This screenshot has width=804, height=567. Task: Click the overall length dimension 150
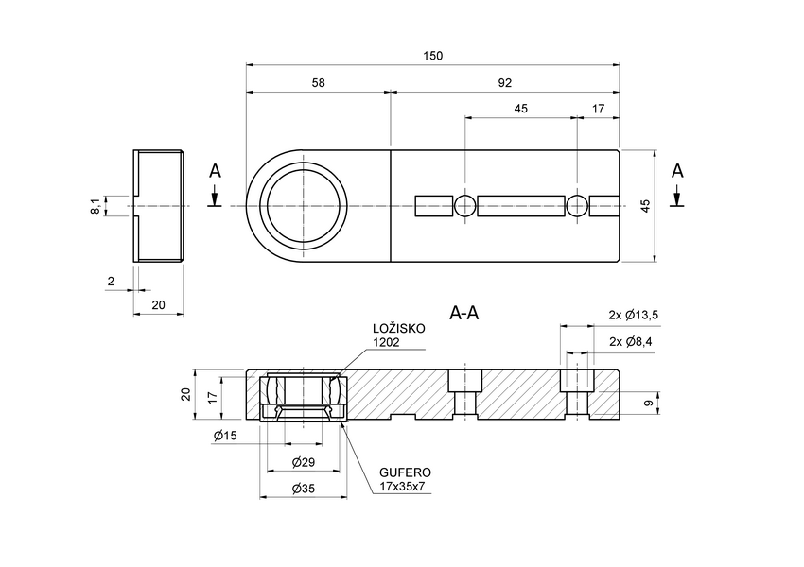[x=432, y=56]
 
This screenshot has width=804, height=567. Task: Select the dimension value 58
[x=318, y=83]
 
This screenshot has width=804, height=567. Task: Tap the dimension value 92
[x=504, y=83]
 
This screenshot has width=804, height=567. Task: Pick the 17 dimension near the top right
[x=598, y=109]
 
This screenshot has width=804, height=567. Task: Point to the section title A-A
[x=463, y=313]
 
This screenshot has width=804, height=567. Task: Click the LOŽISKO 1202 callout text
[x=398, y=335]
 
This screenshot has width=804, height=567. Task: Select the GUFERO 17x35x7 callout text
[x=405, y=479]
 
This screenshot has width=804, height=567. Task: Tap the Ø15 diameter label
[x=225, y=436]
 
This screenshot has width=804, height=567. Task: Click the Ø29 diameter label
[x=303, y=462]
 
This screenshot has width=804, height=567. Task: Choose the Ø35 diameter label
[x=303, y=489]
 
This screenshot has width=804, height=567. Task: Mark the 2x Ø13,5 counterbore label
[x=633, y=315]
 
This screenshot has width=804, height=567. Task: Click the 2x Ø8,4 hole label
[x=633, y=341]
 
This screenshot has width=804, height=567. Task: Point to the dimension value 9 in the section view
[x=647, y=404]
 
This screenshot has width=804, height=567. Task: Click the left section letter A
[x=215, y=171]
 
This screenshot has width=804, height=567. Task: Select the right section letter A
[x=676, y=171]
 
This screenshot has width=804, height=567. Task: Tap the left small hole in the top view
[x=465, y=206]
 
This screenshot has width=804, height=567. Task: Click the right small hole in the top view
[x=577, y=206]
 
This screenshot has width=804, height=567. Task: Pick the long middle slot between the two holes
[x=521, y=206]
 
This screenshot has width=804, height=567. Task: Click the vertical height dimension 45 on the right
[x=646, y=206]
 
